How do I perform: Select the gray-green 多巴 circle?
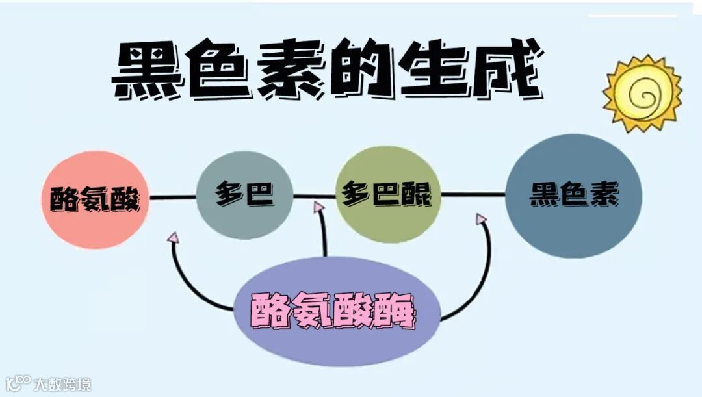click(x=244, y=195)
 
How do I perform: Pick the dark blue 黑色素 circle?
click(x=573, y=196)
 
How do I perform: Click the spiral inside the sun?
click(x=643, y=96)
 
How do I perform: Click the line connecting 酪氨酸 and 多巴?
click(x=172, y=196)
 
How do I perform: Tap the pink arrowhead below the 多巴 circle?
click(x=173, y=238)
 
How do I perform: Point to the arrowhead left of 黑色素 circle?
click(x=481, y=220)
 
